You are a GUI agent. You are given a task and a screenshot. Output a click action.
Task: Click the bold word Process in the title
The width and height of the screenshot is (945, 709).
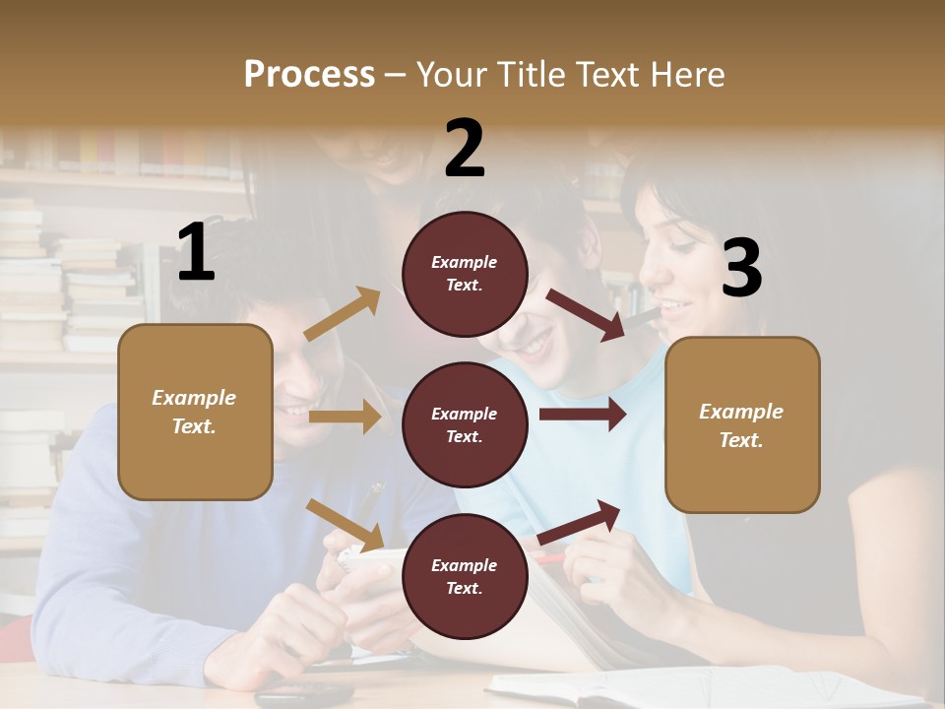[x=309, y=75]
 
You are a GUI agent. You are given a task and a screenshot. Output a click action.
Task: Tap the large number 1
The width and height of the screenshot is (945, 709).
[x=196, y=253]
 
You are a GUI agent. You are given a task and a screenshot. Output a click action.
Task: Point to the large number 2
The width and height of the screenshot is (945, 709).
[x=465, y=149]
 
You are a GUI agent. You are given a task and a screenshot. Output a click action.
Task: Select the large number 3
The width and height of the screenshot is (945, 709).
[x=741, y=268]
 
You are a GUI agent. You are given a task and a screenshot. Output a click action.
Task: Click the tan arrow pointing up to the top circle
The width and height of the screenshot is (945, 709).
[x=343, y=314]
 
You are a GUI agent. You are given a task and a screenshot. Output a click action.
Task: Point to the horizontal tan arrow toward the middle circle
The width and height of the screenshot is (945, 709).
[x=345, y=417]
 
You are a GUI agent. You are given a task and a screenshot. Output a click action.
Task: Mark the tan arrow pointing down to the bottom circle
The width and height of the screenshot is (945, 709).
[x=346, y=525]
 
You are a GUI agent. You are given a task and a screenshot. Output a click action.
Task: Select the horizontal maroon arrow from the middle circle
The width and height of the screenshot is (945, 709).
[x=582, y=415]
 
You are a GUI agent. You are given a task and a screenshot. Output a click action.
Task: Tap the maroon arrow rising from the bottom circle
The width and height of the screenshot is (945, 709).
[x=580, y=522]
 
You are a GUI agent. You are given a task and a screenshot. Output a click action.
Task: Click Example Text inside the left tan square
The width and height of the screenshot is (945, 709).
[x=194, y=412]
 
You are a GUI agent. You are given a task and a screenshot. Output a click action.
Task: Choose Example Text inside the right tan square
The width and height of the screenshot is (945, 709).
[x=741, y=425]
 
